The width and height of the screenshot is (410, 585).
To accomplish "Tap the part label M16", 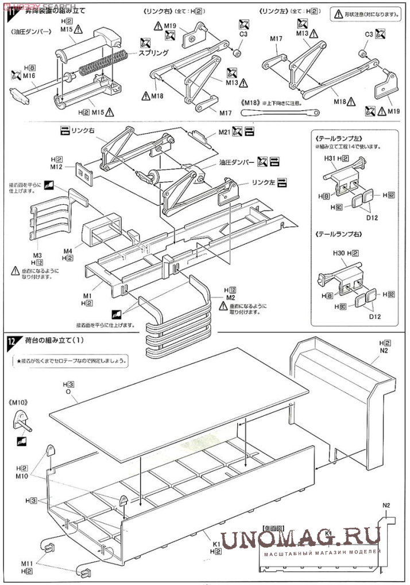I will pos(29,75).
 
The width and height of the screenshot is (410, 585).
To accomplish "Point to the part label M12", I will pos(56,166).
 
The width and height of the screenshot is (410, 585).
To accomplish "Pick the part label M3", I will pos(37,255).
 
